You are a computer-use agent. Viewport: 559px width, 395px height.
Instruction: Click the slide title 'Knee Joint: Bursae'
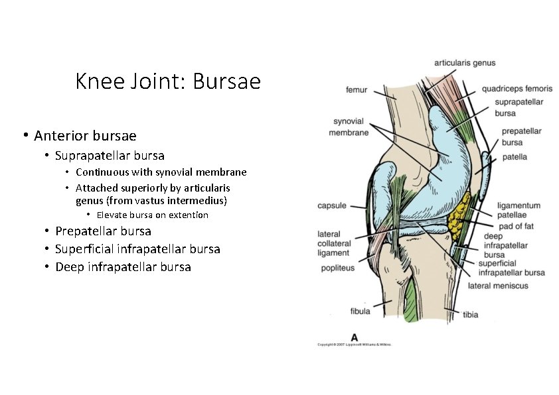pyautogui.click(x=168, y=82)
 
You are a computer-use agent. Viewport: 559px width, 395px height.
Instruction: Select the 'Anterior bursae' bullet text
pyautogui.click(x=85, y=136)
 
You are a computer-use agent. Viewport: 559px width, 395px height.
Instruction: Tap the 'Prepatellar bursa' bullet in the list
pyautogui.click(x=103, y=231)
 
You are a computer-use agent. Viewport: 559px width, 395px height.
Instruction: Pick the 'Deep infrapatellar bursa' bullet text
pyautogui.click(x=123, y=267)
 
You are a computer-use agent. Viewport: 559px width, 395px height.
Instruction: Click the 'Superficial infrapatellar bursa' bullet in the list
pyautogui.click(x=137, y=249)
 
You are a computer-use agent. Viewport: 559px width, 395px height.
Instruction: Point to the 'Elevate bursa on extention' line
pyautogui.click(x=152, y=215)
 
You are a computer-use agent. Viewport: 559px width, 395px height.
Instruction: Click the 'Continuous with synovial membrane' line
pyautogui.click(x=161, y=172)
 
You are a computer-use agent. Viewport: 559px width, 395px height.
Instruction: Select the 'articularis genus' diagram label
pyautogui.click(x=464, y=63)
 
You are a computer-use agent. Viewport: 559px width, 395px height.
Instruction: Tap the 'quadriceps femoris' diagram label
pyautogui.click(x=517, y=88)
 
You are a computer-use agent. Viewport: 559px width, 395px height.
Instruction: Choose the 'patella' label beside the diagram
pyautogui.click(x=515, y=157)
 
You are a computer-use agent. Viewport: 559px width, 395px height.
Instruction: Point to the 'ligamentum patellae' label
pyautogui.click(x=519, y=210)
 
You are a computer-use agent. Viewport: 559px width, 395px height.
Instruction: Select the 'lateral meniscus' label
pyautogui.click(x=498, y=286)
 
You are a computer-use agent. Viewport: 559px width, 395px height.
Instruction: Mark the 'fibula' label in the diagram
pyautogui.click(x=360, y=311)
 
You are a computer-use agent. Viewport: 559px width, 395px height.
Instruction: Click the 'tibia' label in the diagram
pyautogui.click(x=470, y=314)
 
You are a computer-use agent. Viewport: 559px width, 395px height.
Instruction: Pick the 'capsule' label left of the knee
pyautogui.click(x=332, y=205)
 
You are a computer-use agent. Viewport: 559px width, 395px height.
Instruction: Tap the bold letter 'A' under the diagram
pyautogui.click(x=355, y=335)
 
